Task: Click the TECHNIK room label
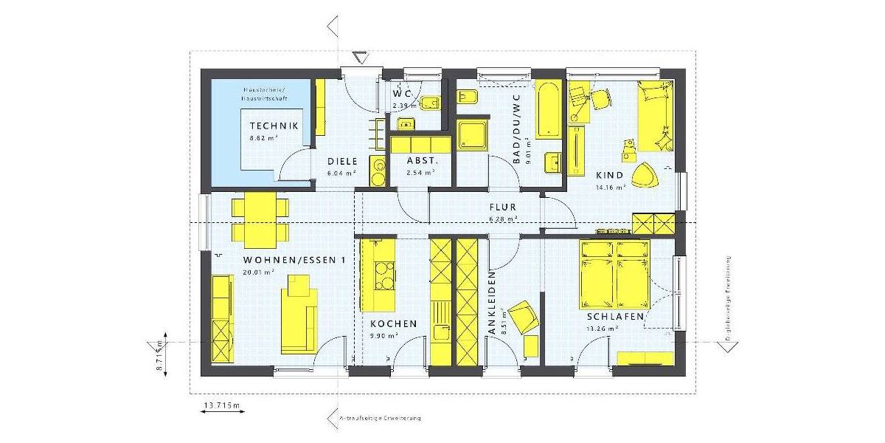pos(274,126)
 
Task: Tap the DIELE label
pos(342,161)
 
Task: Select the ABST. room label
pos(423,161)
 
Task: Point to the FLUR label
pos(502,207)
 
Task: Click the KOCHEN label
pos(393,323)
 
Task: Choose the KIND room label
pos(610,176)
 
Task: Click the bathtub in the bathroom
pos(547,109)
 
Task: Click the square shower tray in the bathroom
pos(471,135)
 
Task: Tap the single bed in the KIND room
pos(654,115)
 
